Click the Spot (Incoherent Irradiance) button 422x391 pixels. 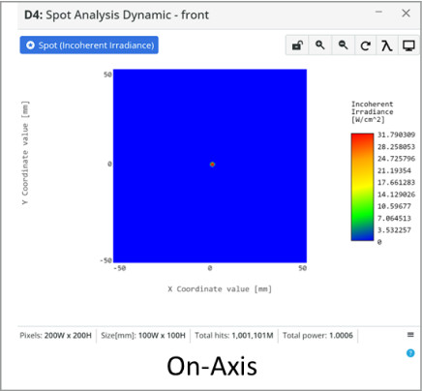click(x=89, y=45)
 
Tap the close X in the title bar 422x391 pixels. click(x=406, y=14)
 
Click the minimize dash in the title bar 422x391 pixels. click(x=378, y=12)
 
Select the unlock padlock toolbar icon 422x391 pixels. click(x=297, y=45)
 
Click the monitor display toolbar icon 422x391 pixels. click(x=408, y=45)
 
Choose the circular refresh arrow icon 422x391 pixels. click(x=365, y=45)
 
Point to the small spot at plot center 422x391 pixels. click(x=212, y=165)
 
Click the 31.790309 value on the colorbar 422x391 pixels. click(x=396, y=135)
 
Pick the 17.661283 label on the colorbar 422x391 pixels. click(x=396, y=182)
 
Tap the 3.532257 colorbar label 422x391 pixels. click(x=394, y=230)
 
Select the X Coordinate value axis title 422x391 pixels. click(x=220, y=288)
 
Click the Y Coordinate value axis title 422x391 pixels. click(x=25, y=153)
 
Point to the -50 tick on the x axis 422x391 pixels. click(x=119, y=268)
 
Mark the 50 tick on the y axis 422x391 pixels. click(x=107, y=75)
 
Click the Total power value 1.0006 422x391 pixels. click(x=341, y=336)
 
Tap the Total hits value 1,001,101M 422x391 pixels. click(x=253, y=336)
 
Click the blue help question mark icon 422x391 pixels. click(x=410, y=353)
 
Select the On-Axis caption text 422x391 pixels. click(x=212, y=366)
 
